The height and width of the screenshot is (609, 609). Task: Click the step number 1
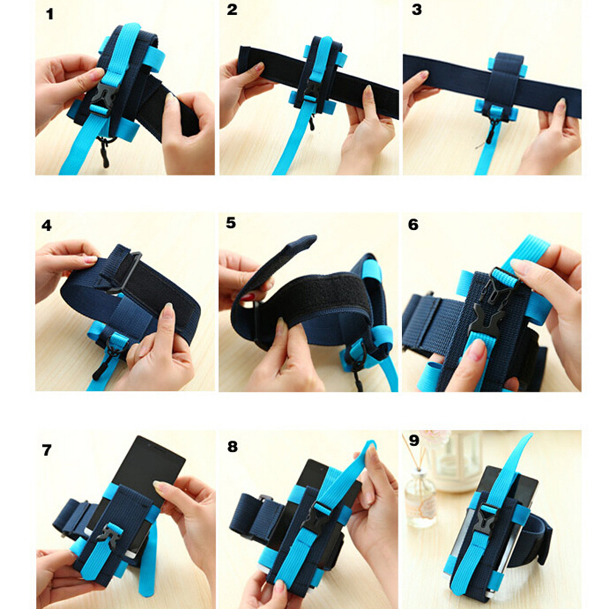click(x=49, y=15)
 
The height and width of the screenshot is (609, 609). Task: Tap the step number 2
click(x=232, y=9)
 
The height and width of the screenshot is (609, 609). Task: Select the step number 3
click(x=416, y=10)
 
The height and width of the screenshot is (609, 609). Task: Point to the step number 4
click(x=47, y=225)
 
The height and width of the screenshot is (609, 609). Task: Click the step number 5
click(x=231, y=223)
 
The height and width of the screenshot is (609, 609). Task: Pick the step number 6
click(x=413, y=224)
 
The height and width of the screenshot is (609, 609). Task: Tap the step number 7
click(x=47, y=450)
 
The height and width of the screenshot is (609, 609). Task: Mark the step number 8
click(x=232, y=447)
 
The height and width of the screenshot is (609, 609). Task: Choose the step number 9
click(x=414, y=441)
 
